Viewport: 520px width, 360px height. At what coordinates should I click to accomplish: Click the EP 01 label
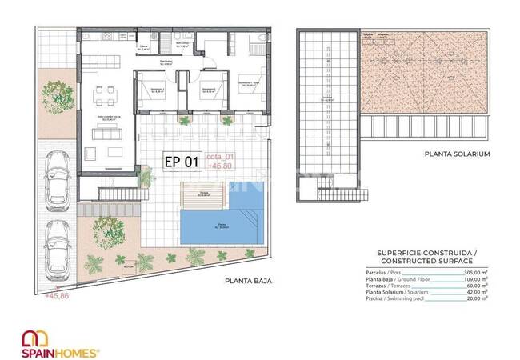(181, 162)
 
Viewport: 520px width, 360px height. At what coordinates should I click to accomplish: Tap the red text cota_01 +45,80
(221, 162)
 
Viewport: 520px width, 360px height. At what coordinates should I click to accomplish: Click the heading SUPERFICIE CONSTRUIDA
(424, 252)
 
